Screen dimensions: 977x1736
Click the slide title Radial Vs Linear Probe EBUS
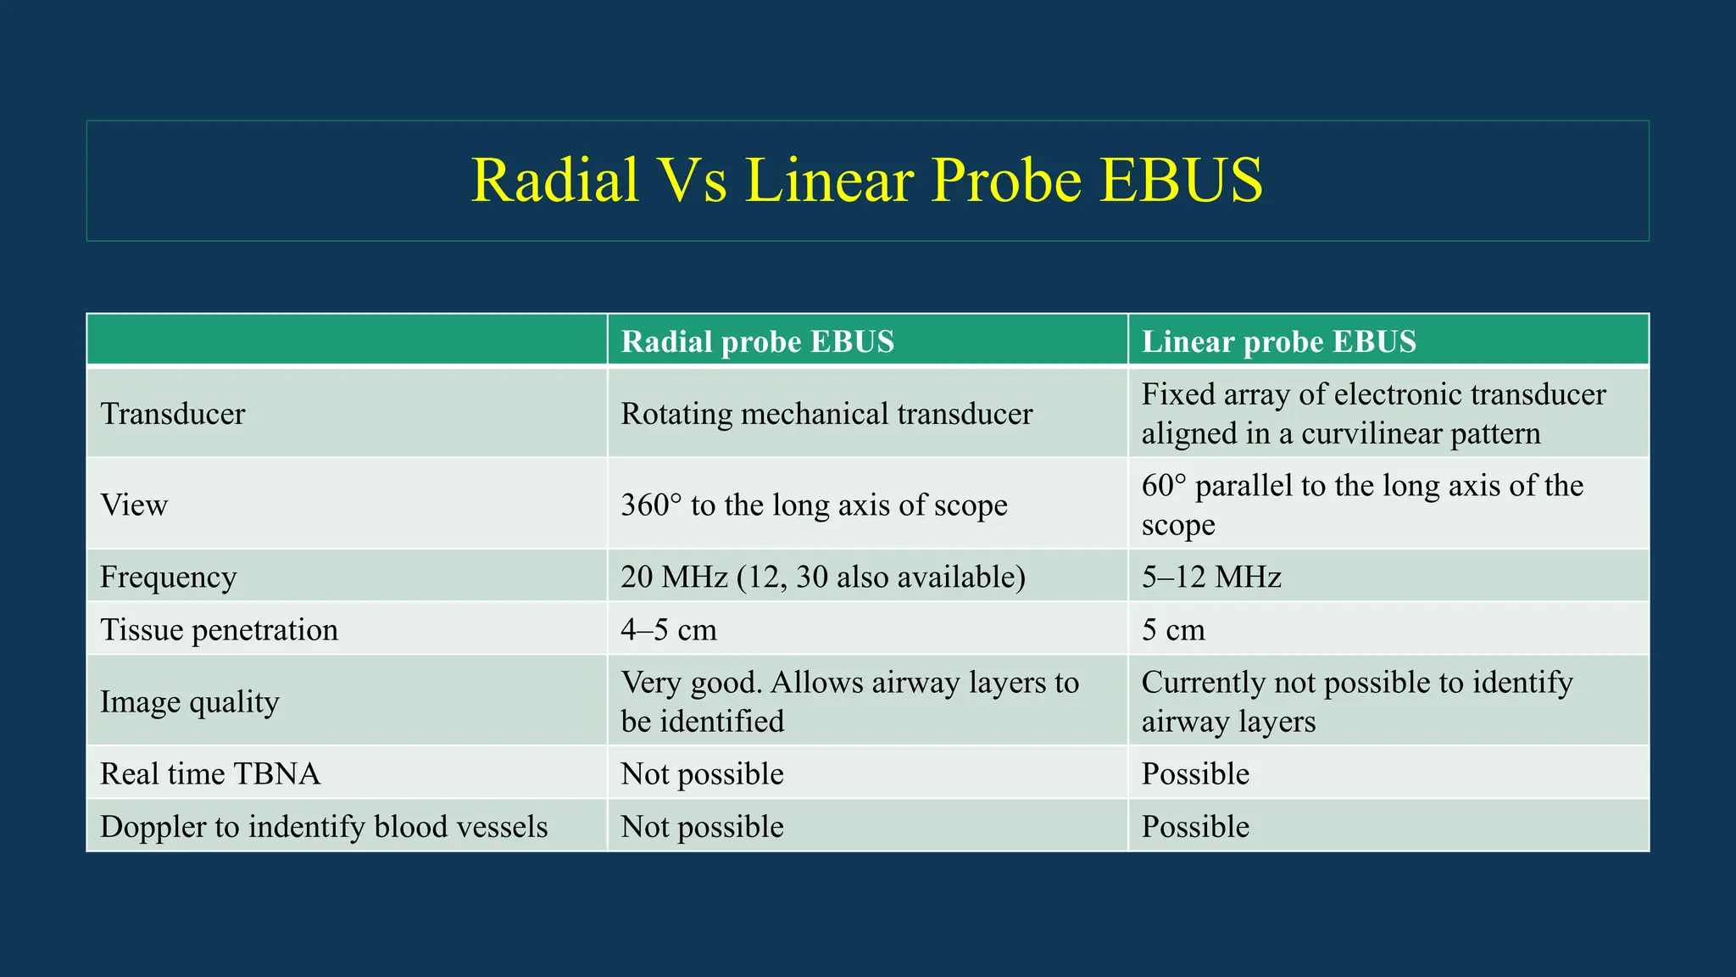(866, 181)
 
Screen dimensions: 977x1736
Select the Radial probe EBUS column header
(757, 342)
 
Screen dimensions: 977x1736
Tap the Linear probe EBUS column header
(1278, 342)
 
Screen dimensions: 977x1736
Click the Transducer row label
(173, 414)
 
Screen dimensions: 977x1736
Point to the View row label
(134, 505)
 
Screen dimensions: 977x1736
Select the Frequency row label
(168, 578)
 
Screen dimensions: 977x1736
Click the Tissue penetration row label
(219, 630)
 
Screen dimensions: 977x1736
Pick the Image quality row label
(189, 702)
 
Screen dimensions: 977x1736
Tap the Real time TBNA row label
(209, 774)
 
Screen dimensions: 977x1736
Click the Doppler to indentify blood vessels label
(324, 827)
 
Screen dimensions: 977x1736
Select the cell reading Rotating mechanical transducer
(826, 414)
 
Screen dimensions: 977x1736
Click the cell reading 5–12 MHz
(1210, 578)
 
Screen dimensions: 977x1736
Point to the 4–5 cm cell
(668, 630)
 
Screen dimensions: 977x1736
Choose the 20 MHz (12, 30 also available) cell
(822, 578)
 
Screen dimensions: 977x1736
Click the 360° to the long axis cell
(814, 505)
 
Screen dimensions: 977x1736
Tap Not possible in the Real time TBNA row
(702, 774)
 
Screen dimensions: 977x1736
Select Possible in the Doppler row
(1195, 827)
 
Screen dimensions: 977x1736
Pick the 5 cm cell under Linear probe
(1173, 630)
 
